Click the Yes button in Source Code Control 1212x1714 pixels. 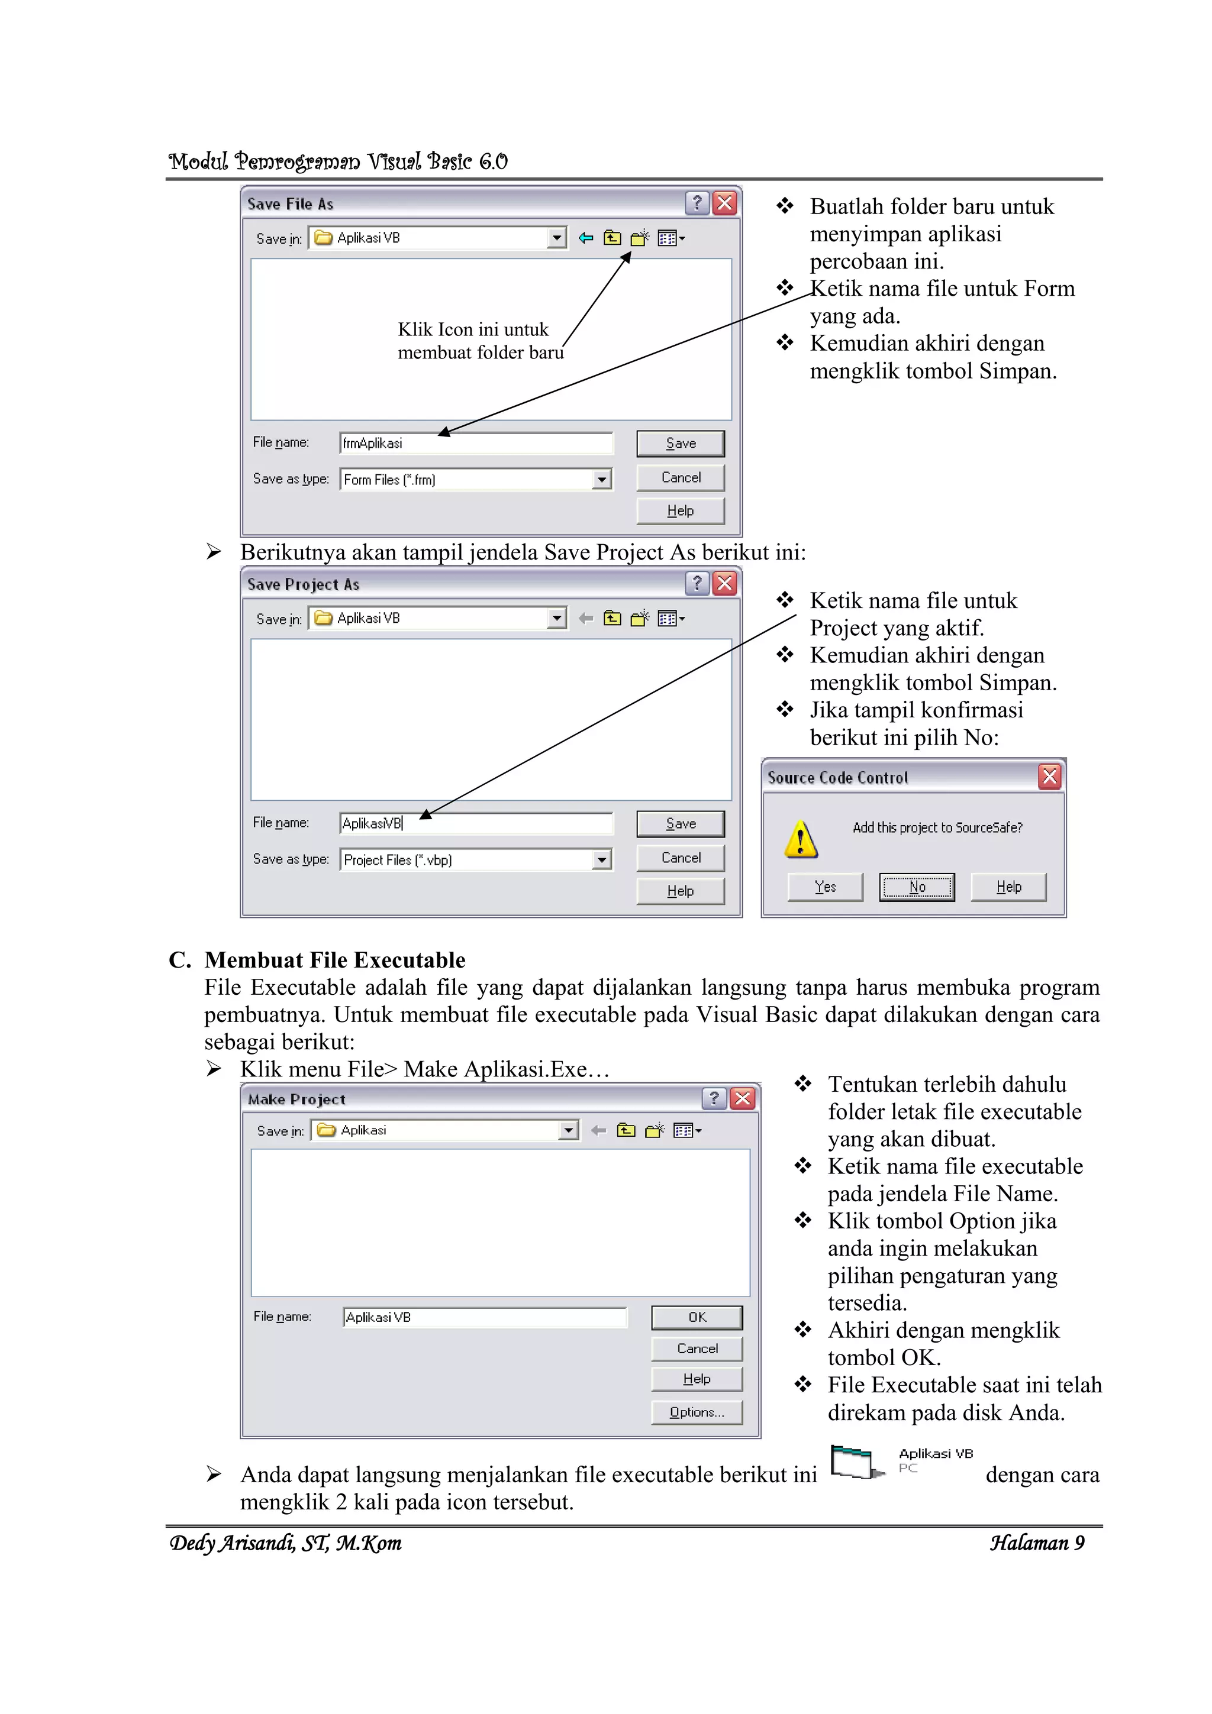click(824, 887)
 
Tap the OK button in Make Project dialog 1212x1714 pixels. click(696, 1318)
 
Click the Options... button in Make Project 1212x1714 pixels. click(696, 1412)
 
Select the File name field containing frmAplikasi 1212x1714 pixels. click(476, 444)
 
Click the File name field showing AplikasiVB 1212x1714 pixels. click(476, 823)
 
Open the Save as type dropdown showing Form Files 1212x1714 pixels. click(601, 480)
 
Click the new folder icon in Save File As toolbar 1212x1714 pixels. click(639, 239)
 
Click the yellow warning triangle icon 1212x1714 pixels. click(801, 840)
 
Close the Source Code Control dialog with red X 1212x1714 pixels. click(1049, 777)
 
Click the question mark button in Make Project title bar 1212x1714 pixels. click(714, 1098)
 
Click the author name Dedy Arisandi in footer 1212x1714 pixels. click(285, 1543)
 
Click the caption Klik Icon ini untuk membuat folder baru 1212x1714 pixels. click(479, 341)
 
